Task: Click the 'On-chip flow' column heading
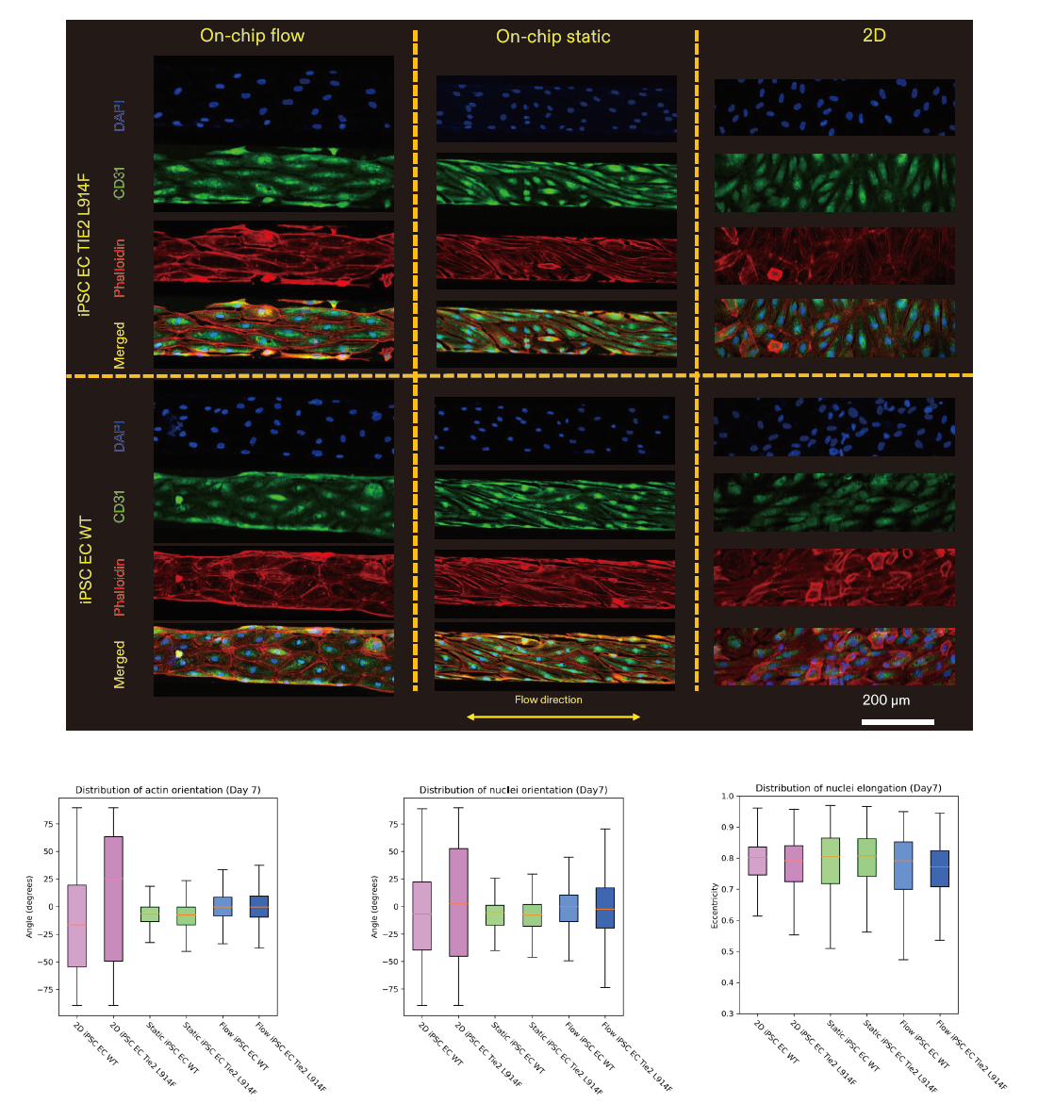252,36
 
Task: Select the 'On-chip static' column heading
552,37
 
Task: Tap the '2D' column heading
873,36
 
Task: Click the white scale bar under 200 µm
898,721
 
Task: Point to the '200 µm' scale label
885,700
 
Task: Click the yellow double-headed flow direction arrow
553,717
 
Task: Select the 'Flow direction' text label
548,700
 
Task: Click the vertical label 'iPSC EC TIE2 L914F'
86,230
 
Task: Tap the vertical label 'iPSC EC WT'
86,560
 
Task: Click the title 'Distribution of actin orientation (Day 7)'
168,790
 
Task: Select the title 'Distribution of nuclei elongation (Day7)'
848,788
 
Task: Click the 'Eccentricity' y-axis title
716,905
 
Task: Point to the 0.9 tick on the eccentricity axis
727,827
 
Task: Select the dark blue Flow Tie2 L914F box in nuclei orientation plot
604,908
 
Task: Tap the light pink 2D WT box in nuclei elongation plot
756,861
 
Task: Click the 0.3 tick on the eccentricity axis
727,1013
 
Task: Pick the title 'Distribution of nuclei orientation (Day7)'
513,790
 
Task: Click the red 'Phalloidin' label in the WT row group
120,585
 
